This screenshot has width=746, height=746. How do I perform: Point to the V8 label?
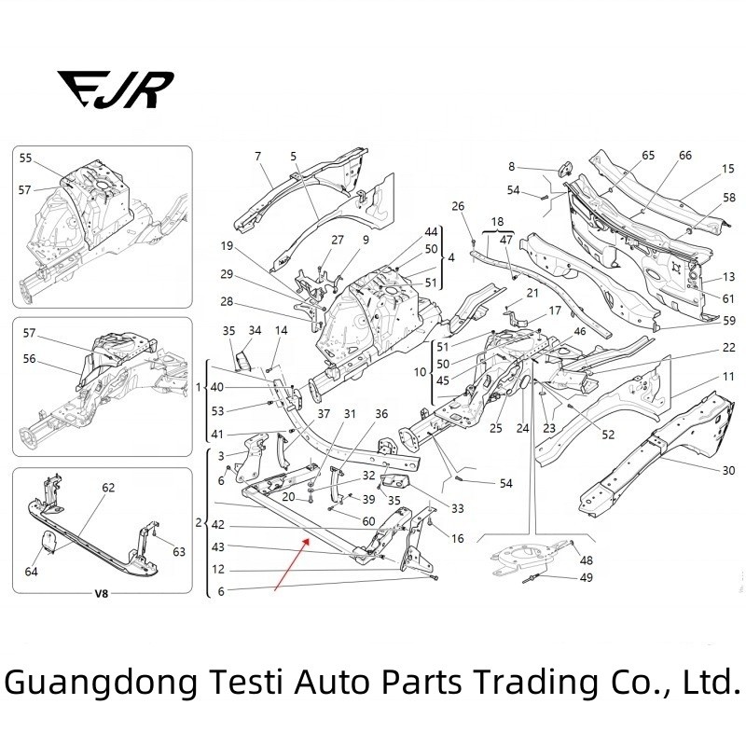pyautogui.click(x=102, y=594)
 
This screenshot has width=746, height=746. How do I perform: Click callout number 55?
pyautogui.click(x=26, y=159)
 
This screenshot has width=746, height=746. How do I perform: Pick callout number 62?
pyautogui.click(x=108, y=488)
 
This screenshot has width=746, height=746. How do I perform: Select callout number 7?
pyautogui.click(x=258, y=156)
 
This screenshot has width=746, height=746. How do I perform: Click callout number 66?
pyautogui.click(x=685, y=156)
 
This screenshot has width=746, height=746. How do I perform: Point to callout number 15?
pyautogui.click(x=728, y=169)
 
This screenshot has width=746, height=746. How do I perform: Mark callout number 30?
pyautogui.click(x=728, y=470)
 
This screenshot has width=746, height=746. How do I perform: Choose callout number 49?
pyautogui.click(x=586, y=577)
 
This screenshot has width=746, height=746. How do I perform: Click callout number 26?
pyautogui.click(x=458, y=206)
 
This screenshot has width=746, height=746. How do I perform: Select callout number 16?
pyautogui.click(x=457, y=539)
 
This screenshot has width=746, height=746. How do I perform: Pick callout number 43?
pyautogui.click(x=217, y=546)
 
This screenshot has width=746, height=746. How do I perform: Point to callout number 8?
pyautogui.click(x=511, y=166)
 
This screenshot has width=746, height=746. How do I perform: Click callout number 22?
pyautogui.click(x=728, y=348)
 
